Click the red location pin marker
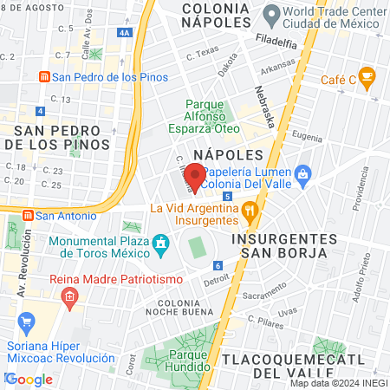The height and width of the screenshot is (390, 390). coord(196,177)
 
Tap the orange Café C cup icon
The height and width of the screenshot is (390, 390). coord(367,78)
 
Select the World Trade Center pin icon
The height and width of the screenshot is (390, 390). coord(271,15)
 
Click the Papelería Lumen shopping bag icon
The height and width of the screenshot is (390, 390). coord(302,176)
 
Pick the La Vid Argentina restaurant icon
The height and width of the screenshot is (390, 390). coord(250,209)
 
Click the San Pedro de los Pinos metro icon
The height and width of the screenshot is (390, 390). coord(43,76)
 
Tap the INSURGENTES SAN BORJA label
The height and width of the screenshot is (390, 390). coord(283,245)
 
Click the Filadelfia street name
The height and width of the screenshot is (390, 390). coord(282,39)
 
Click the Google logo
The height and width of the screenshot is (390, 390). coord(29,380)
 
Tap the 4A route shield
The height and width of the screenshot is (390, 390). coord(127,32)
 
